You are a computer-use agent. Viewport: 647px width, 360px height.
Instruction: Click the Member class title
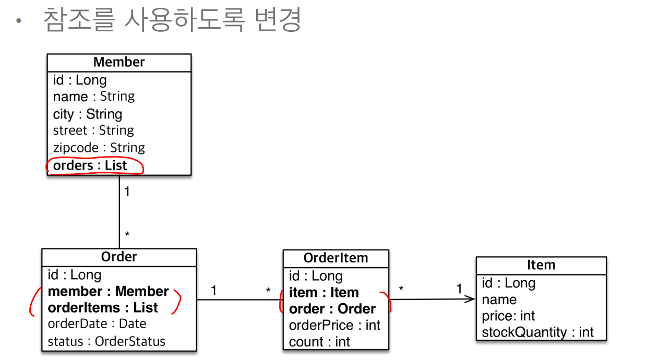pyautogui.click(x=119, y=62)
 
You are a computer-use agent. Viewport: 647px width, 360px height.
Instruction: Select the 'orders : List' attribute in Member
pyautogui.click(x=90, y=165)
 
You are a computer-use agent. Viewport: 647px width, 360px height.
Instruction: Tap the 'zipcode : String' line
pyautogui.click(x=99, y=148)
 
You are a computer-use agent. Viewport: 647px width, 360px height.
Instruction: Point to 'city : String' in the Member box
pyautogui.click(x=88, y=114)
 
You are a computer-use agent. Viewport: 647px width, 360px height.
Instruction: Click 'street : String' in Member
pyautogui.click(x=93, y=130)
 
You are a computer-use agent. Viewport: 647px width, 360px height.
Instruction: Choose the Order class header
pyautogui.click(x=119, y=257)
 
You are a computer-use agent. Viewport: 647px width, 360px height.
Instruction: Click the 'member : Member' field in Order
pyautogui.click(x=109, y=291)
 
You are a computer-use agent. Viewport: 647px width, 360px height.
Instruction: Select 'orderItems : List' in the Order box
pyautogui.click(x=103, y=307)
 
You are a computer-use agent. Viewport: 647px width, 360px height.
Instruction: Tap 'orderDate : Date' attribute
pyautogui.click(x=97, y=324)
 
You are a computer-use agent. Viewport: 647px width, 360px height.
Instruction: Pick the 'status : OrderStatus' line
pyautogui.click(x=106, y=341)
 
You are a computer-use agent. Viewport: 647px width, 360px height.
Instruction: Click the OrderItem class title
pyautogui.click(x=336, y=258)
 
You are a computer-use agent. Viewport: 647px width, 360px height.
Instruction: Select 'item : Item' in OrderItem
pyautogui.click(x=324, y=293)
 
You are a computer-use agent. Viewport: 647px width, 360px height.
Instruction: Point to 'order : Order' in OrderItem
pyautogui.click(x=332, y=309)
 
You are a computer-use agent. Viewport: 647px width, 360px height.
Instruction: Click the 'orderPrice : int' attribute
pyautogui.click(x=334, y=325)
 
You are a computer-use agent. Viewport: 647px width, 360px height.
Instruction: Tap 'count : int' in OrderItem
pyautogui.click(x=320, y=342)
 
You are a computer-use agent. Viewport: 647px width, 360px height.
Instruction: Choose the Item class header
pyautogui.click(x=541, y=265)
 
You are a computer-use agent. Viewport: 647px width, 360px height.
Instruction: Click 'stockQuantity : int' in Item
pyautogui.click(x=537, y=332)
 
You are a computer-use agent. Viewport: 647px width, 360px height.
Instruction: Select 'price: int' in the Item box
pyautogui.click(x=508, y=316)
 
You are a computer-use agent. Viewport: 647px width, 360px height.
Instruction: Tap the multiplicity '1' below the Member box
pyautogui.click(x=127, y=192)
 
